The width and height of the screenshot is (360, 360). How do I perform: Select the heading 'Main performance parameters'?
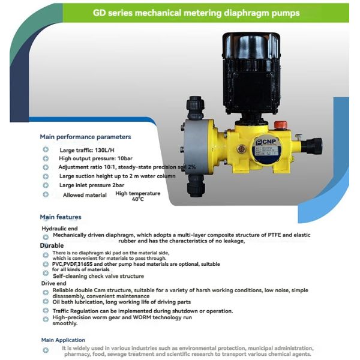85,137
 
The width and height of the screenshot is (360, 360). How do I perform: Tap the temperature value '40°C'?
138,199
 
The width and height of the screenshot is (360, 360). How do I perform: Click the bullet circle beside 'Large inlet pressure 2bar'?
46,185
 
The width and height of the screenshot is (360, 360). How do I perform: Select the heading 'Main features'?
61,217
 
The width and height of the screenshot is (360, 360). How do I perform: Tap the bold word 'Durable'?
52,245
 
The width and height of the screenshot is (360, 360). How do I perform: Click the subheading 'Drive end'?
52,283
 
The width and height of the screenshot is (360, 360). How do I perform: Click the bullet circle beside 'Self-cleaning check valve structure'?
46,276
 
